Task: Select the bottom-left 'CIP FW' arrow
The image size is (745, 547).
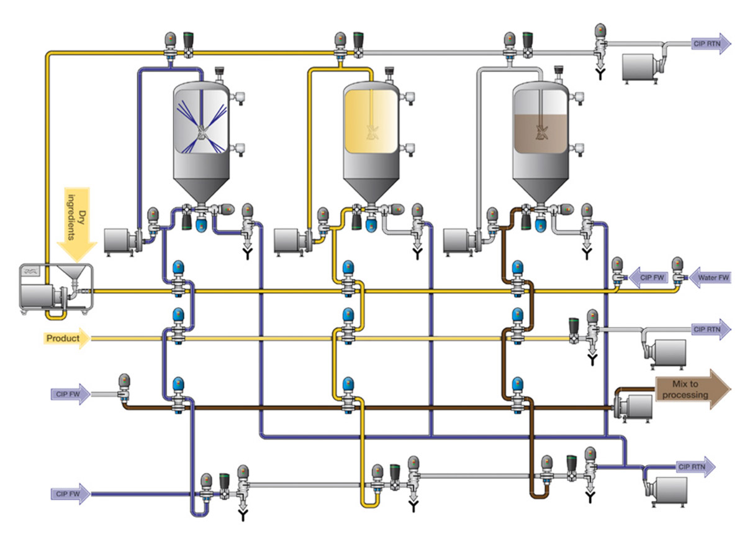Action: point(70,494)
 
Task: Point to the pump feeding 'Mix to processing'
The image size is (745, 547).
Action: point(633,407)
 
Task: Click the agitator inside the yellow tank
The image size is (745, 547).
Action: point(372,131)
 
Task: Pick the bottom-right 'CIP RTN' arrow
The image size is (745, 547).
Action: point(695,466)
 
